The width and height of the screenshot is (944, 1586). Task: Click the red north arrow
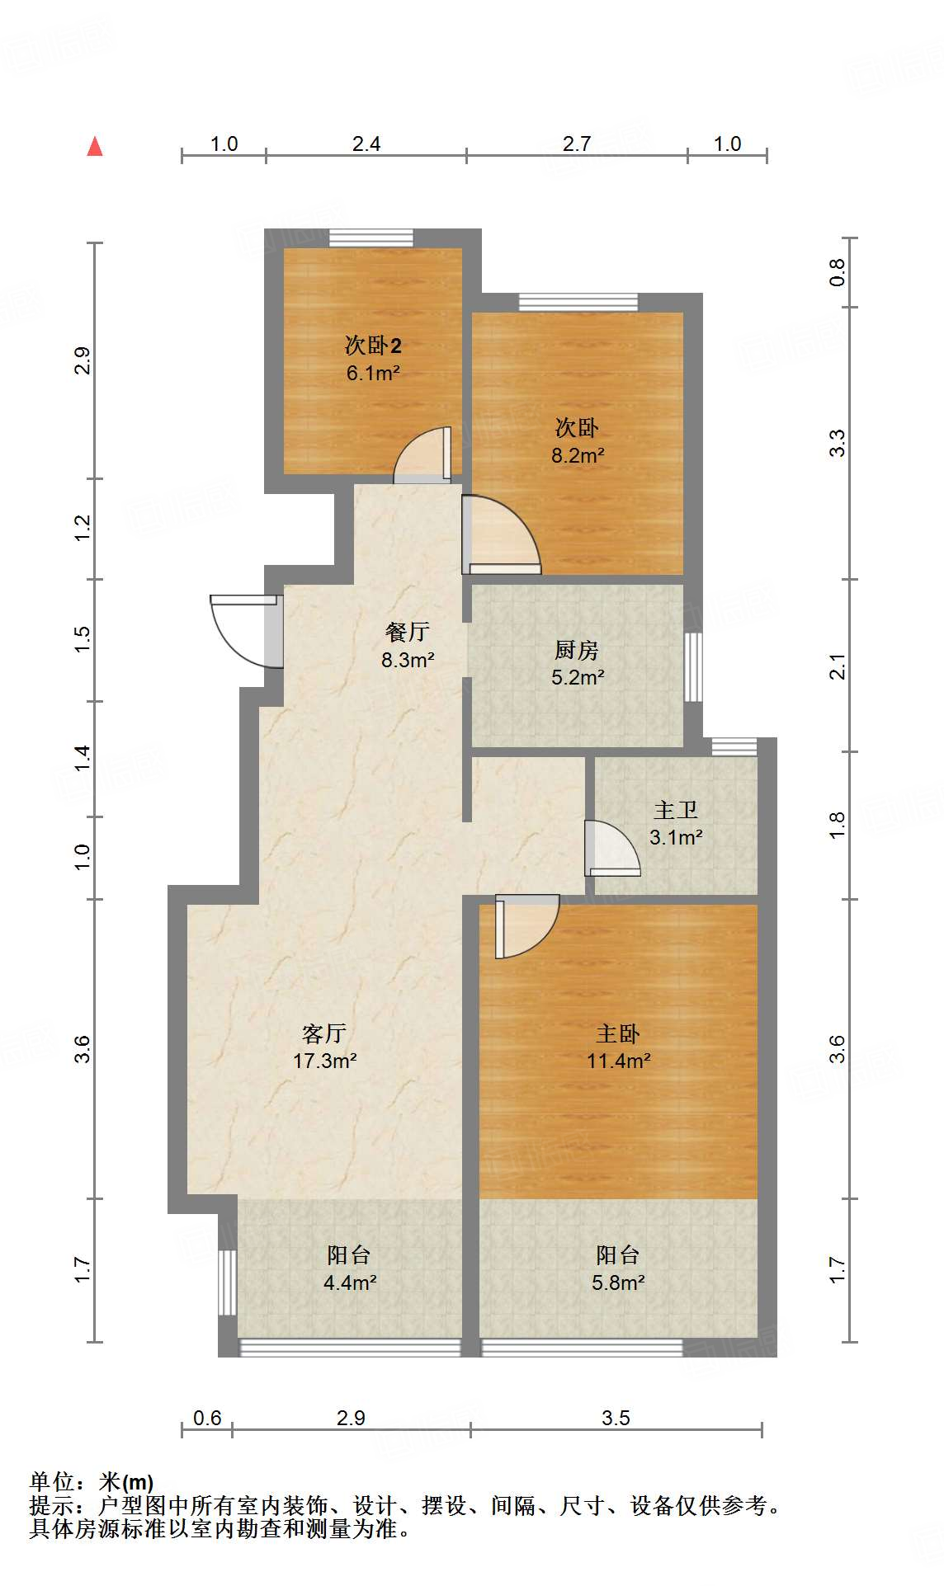click(95, 147)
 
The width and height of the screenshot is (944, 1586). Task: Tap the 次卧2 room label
click(373, 345)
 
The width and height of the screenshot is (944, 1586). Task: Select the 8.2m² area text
click(578, 455)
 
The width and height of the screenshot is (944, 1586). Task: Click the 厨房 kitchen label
click(576, 650)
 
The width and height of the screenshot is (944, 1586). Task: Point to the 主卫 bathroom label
click(676, 810)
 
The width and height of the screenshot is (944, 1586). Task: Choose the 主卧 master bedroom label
click(618, 1033)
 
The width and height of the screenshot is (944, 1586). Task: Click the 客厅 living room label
click(324, 1033)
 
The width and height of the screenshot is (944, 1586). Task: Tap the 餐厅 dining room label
click(408, 632)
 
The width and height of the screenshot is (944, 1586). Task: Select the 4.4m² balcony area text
click(350, 1282)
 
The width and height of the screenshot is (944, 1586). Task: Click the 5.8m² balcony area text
click(618, 1282)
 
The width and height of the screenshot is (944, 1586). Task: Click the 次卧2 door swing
click(422, 456)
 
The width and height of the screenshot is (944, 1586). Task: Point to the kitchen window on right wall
click(693, 667)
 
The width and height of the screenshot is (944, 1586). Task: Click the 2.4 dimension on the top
click(366, 144)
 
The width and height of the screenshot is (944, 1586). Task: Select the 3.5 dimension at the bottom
click(616, 1418)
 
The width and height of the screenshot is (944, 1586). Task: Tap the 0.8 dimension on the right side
click(837, 271)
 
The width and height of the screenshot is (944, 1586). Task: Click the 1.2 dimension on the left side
click(82, 528)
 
